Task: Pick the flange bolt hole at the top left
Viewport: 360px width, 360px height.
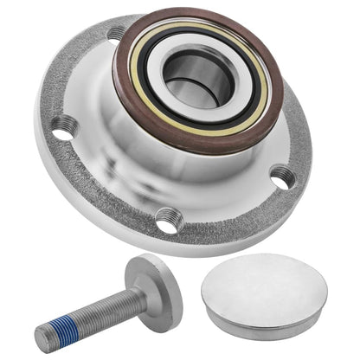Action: point(115,35)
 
